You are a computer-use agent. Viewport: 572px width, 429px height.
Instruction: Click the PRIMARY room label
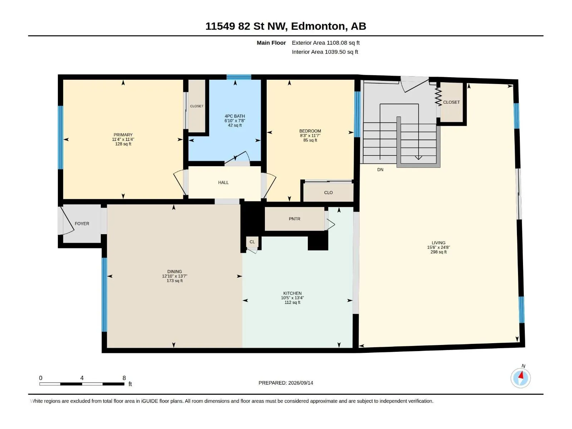(x=123, y=135)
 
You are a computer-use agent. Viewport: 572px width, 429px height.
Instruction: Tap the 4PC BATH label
(x=235, y=116)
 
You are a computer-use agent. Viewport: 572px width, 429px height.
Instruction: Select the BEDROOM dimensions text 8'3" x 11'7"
(x=310, y=136)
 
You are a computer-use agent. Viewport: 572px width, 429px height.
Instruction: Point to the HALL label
(x=223, y=183)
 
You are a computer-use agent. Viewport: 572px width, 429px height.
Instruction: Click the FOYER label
(x=82, y=224)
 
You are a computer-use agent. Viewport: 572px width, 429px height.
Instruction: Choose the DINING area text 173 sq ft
(x=174, y=281)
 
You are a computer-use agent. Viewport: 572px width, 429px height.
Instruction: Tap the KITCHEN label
(x=292, y=293)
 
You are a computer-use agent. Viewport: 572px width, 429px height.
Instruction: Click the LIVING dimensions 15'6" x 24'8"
(x=439, y=247)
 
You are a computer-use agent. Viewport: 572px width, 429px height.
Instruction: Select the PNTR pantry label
(x=295, y=219)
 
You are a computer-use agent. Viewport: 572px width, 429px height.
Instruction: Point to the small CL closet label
(x=252, y=242)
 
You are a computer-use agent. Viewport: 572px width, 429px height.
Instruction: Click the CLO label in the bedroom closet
(x=328, y=193)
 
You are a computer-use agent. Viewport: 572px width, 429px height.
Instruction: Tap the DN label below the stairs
(x=380, y=170)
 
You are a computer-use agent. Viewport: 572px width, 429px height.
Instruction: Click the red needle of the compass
(x=521, y=375)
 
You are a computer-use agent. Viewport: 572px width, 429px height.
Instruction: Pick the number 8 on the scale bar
(x=124, y=378)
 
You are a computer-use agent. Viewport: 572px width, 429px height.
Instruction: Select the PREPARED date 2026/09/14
(x=301, y=383)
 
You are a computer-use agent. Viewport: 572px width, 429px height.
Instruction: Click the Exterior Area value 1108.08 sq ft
(x=343, y=43)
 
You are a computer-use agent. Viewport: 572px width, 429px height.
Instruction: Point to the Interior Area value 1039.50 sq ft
(x=341, y=52)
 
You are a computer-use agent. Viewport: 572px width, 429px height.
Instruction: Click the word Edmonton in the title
(x=318, y=26)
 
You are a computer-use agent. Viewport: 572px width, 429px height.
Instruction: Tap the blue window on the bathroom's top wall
(x=239, y=77)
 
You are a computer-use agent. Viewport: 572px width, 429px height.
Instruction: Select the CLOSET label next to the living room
(x=452, y=102)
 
